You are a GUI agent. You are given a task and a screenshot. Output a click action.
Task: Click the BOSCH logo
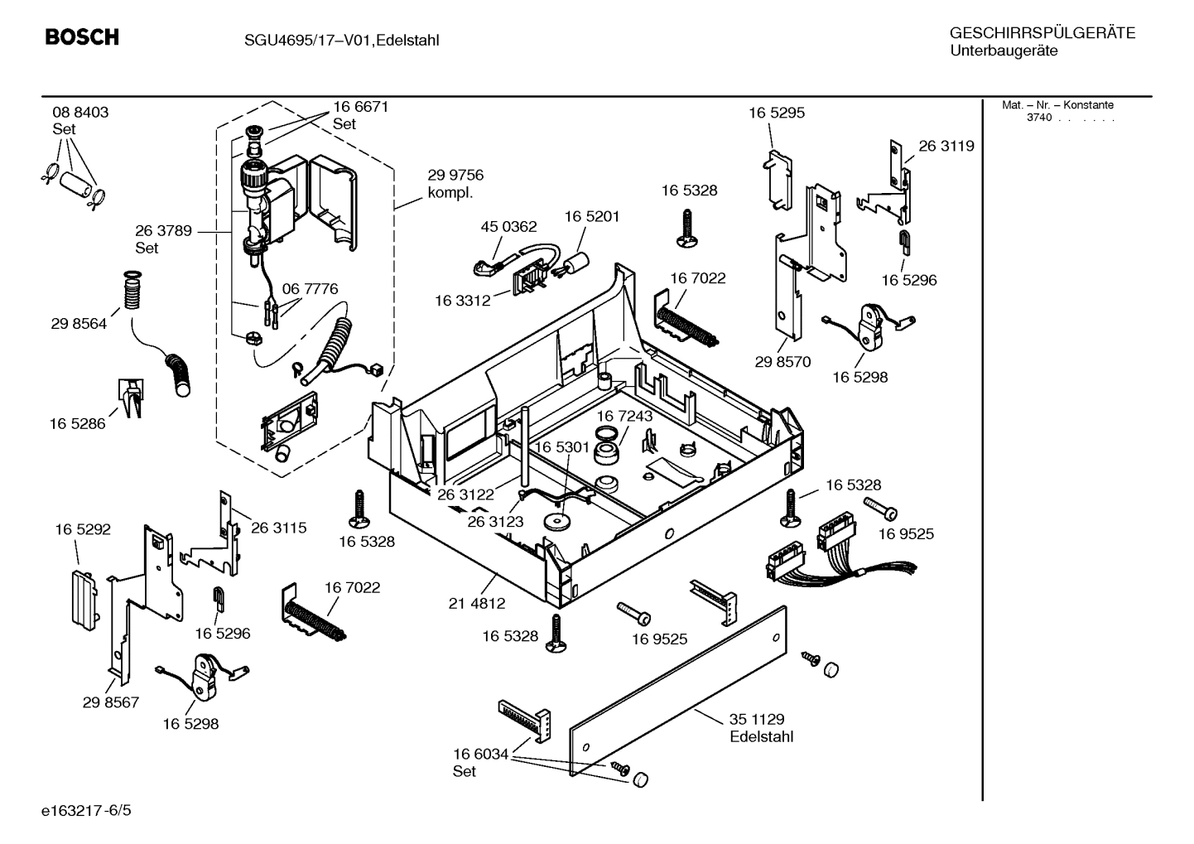click(82, 37)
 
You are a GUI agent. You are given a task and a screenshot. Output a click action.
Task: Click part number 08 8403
click(80, 112)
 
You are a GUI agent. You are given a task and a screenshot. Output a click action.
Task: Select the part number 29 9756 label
click(455, 176)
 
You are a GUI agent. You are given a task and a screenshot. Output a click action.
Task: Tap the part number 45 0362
click(508, 226)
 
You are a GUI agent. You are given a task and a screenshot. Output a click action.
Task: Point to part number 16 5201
click(592, 216)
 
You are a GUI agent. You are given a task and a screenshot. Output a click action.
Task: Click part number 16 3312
click(463, 301)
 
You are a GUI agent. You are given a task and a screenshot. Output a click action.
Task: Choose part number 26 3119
click(946, 146)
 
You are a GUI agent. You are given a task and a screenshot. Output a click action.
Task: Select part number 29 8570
click(782, 362)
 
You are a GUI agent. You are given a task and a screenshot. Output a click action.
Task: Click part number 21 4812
click(477, 604)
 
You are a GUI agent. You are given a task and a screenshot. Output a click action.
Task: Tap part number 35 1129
click(757, 720)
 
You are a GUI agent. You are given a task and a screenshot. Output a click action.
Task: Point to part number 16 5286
click(78, 423)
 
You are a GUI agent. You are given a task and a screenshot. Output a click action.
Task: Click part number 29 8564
click(79, 324)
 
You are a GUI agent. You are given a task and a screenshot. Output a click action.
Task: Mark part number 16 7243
click(624, 416)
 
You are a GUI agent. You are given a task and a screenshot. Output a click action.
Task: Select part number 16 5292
click(83, 529)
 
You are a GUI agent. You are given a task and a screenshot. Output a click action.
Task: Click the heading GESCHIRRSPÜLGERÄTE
click(1042, 34)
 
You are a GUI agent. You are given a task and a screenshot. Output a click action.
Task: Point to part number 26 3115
click(278, 528)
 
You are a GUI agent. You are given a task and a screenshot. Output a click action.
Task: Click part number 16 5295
click(777, 113)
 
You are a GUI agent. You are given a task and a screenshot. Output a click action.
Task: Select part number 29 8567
click(111, 702)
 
